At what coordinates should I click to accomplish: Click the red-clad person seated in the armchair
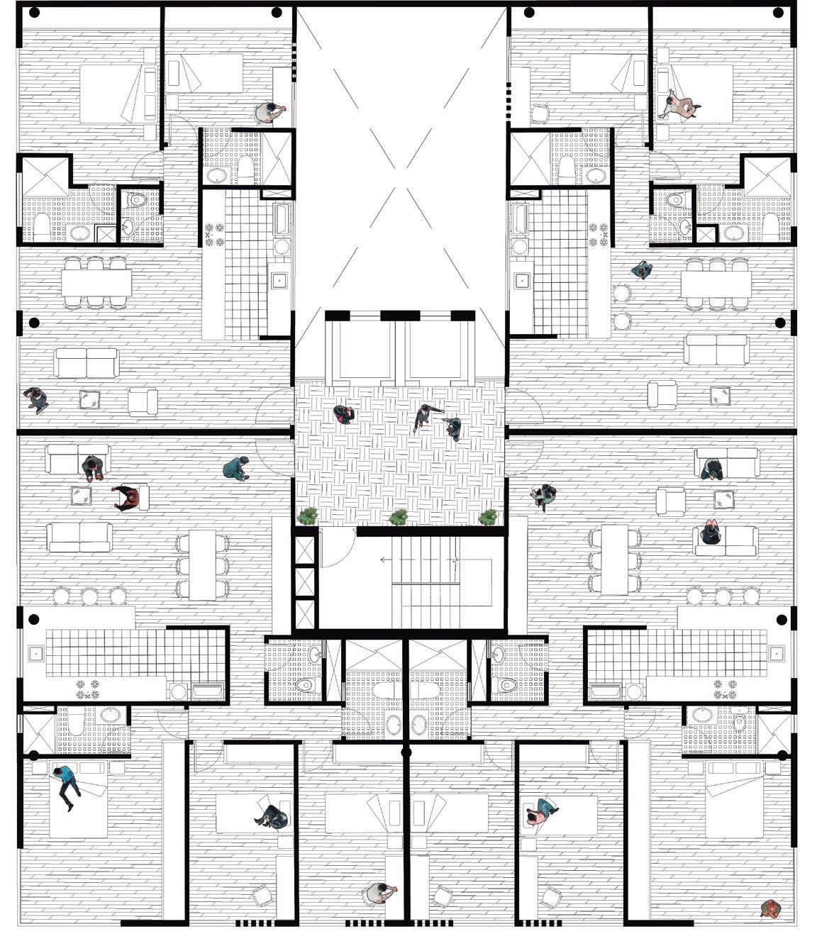click(128, 498)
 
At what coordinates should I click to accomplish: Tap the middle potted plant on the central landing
click(399, 516)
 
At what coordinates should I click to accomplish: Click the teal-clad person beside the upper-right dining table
click(642, 269)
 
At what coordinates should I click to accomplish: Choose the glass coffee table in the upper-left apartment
click(90, 400)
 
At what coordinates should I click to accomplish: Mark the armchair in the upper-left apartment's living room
click(143, 401)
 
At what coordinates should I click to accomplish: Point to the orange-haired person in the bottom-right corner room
click(769, 908)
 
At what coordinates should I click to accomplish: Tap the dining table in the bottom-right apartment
click(614, 560)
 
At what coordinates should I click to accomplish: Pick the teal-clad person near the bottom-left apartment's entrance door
click(236, 468)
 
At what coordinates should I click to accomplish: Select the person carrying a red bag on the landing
click(345, 415)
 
